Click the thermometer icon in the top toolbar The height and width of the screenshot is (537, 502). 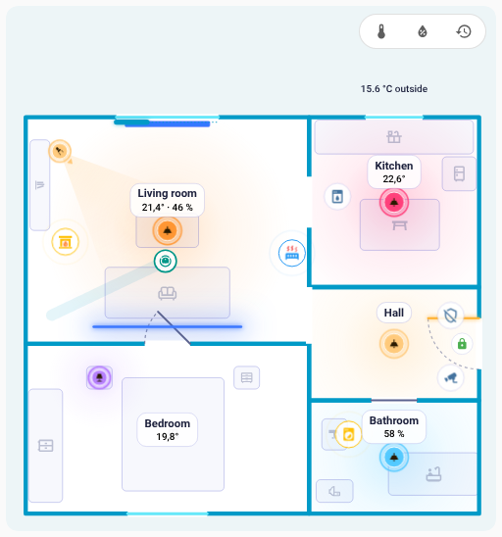pyautogui.click(x=381, y=31)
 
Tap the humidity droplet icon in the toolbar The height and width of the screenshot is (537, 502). pyautogui.click(x=423, y=31)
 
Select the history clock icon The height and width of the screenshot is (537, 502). pyautogui.click(x=464, y=31)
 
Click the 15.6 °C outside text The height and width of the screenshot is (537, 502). pyautogui.click(x=394, y=89)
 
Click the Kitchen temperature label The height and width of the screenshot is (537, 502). pyautogui.click(x=394, y=171)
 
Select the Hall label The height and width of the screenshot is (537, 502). pyautogui.click(x=394, y=313)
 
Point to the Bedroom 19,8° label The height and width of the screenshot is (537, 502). pyautogui.click(x=168, y=429)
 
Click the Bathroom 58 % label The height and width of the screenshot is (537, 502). pyautogui.click(x=394, y=426)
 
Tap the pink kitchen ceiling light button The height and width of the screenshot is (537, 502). pyautogui.click(x=394, y=203)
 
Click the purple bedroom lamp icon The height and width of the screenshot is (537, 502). pyautogui.click(x=99, y=377)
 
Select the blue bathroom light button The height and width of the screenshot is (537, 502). pyautogui.click(x=394, y=458)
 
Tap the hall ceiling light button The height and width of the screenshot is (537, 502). pyautogui.click(x=394, y=344)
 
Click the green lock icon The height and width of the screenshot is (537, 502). pyautogui.click(x=462, y=344)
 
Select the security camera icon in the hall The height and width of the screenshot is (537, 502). pyautogui.click(x=451, y=377)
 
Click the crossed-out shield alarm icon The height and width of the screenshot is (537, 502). pyautogui.click(x=451, y=316)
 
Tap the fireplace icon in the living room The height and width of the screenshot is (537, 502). pyautogui.click(x=65, y=242)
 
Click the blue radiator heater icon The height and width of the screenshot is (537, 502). pyautogui.click(x=292, y=253)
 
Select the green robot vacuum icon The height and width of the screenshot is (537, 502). pyautogui.click(x=165, y=261)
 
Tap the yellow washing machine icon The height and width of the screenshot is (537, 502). pyautogui.click(x=348, y=434)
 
